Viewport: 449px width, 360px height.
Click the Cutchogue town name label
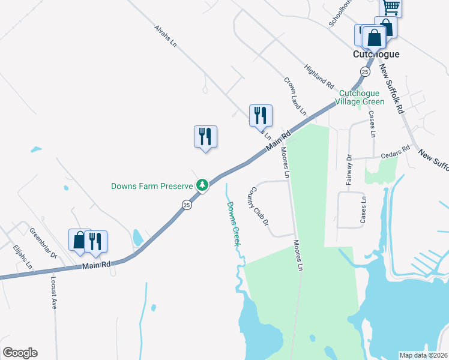(375, 54)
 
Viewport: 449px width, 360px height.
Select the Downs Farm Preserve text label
(152, 186)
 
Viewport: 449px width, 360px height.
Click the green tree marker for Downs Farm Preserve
(203, 185)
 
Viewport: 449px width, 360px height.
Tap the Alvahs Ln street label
(165, 36)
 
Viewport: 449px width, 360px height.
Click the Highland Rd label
(319, 75)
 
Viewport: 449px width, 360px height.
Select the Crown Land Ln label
(295, 96)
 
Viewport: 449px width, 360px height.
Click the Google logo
(20, 353)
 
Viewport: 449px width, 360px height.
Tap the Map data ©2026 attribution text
(423, 355)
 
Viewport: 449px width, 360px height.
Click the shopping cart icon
(391, 7)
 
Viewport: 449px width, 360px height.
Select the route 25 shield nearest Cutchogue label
(365, 71)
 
